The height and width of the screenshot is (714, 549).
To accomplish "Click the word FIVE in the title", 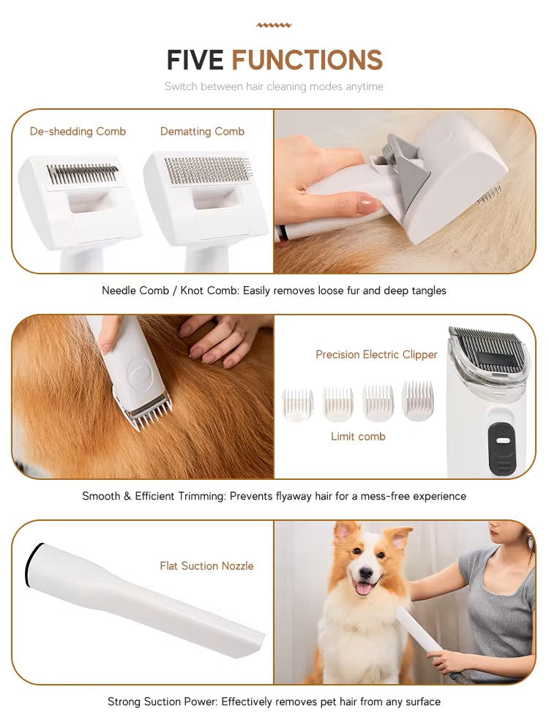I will [196, 60].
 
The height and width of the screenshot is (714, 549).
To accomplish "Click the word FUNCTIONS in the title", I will [307, 60].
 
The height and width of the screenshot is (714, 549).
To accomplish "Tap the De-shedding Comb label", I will [78, 132].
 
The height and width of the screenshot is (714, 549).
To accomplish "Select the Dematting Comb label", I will [202, 132].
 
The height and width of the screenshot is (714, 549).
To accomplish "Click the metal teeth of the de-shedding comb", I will [82, 174].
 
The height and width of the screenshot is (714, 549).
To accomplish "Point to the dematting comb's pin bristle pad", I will [207, 170].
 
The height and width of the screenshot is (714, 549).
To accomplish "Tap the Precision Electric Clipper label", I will [376, 354].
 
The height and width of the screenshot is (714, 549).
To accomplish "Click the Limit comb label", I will [358, 436].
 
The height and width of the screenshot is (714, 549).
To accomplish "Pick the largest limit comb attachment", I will [417, 400].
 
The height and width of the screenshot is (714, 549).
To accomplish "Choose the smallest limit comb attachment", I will [298, 405].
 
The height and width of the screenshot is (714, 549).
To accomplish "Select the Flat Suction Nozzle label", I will [206, 565].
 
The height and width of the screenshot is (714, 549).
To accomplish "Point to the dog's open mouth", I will [363, 587].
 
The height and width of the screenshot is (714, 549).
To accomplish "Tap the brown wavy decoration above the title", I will [274, 25].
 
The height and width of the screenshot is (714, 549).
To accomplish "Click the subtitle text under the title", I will [274, 86].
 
